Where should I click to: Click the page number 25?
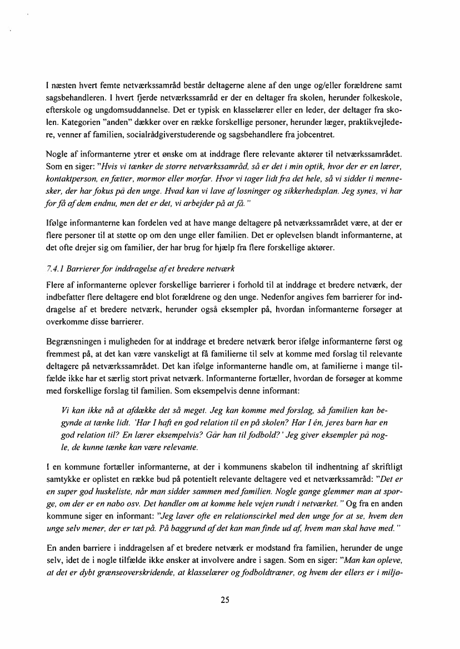pos(224,600)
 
